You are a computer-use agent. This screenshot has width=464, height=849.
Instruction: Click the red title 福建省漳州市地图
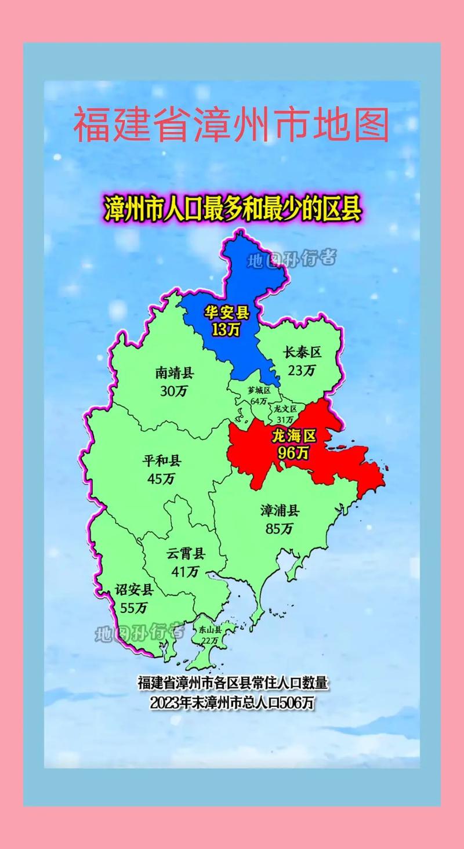231,124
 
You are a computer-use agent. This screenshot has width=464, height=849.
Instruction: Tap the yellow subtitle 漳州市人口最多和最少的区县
232,208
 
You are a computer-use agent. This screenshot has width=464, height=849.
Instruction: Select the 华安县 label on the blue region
226,313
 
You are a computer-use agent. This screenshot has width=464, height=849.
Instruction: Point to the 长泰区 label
302,353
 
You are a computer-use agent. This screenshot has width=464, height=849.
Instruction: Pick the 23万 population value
302,370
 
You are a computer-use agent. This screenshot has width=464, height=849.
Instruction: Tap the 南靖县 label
174,372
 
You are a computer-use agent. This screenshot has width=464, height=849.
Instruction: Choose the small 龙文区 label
285,409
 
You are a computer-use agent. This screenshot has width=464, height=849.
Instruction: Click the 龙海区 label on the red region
293,435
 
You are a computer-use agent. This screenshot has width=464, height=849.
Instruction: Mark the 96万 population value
293,453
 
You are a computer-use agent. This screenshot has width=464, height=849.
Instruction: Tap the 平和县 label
162,461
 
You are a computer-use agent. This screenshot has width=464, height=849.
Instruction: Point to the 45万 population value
162,479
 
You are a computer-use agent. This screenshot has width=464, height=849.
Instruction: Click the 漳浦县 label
280,510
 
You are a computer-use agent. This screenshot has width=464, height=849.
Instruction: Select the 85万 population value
280,528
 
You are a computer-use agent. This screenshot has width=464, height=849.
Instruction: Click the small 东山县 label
209,629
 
